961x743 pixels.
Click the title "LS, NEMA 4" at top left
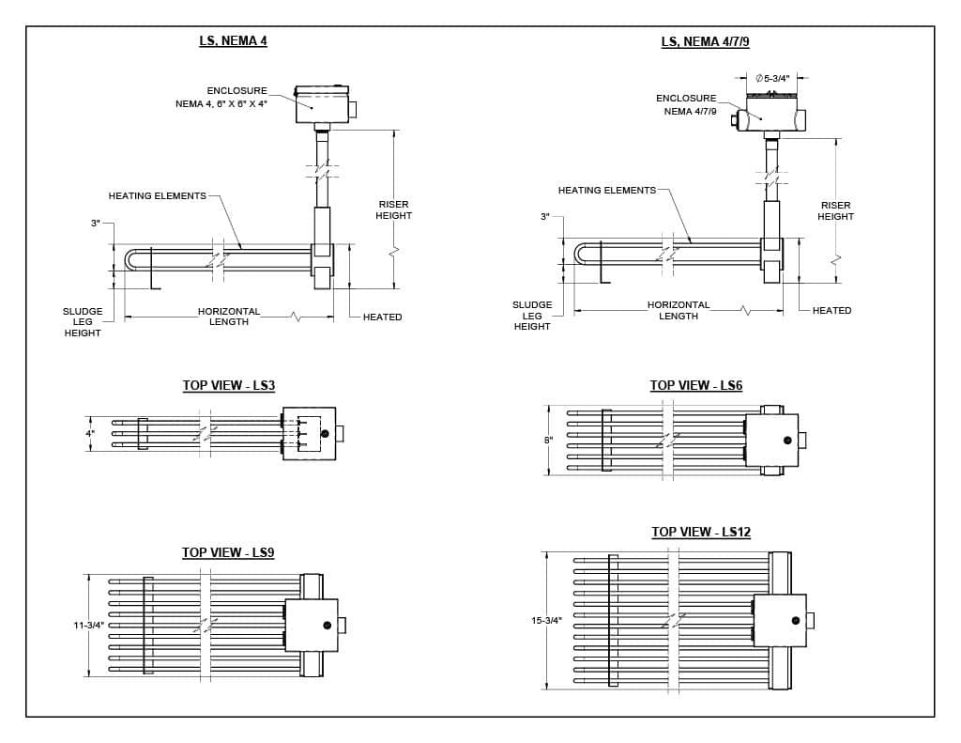coord(233,41)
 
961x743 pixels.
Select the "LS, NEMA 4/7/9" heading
coord(705,41)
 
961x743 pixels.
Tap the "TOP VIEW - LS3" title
coord(228,386)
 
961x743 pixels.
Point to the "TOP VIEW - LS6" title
coord(696,386)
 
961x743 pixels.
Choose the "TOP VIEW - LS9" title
coord(228,553)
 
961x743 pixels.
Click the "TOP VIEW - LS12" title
coord(701,533)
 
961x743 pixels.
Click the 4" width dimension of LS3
coord(91,434)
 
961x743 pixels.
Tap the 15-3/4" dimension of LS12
coord(547,621)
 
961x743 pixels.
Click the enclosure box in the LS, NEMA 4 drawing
coord(322,105)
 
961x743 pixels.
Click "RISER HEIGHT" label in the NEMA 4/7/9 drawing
coord(835,211)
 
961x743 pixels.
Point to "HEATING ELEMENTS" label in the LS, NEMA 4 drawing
coord(157,196)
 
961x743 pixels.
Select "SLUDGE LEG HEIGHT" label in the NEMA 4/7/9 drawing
coord(532,316)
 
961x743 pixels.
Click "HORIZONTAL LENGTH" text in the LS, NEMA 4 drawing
coord(229,317)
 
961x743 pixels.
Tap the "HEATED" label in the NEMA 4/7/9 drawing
coord(831,311)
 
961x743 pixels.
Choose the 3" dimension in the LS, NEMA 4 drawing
coord(96,224)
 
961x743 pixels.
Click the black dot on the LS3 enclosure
coord(325,434)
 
